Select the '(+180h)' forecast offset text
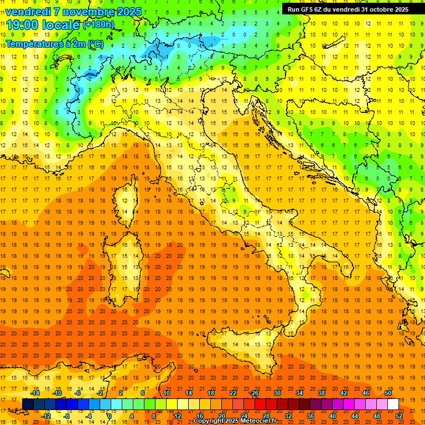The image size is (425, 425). point(99,25)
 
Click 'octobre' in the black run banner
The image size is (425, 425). point(376,9)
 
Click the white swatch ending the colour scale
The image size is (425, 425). point(393,404)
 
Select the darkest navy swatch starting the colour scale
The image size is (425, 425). point(27,404)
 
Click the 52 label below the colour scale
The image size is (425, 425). point(400,416)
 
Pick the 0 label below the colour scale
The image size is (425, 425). point(110,416)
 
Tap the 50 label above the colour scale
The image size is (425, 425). point(388,393)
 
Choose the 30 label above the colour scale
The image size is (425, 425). point(277,393)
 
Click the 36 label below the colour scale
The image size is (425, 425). point(310,416)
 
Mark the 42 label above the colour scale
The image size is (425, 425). point(344,393)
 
